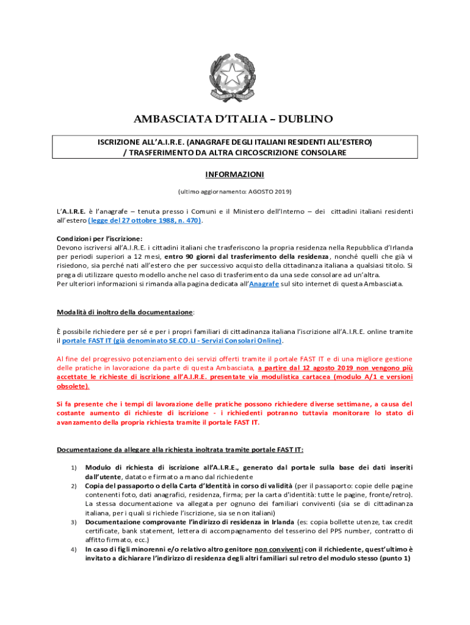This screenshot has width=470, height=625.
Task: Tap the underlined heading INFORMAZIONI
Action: coord(234,175)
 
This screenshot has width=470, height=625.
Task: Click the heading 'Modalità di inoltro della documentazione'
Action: coord(125,312)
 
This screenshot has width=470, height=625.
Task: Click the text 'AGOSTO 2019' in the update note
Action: coord(269,192)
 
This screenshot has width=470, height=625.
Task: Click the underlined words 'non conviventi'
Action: coord(280,549)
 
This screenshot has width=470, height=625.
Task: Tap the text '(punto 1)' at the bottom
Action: coord(396,558)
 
